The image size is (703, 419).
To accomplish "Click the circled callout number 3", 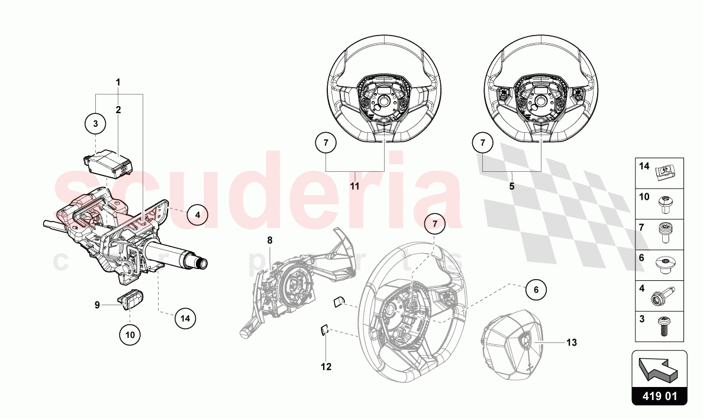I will click(95, 124).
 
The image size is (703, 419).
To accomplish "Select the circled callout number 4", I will click(198, 215).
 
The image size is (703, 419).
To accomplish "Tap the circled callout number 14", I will click(185, 318).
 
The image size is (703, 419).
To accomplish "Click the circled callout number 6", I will click(536, 290).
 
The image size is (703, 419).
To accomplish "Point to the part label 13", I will click(570, 343).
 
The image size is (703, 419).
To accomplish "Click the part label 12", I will click(326, 367).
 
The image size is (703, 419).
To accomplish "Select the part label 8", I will click(269, 240).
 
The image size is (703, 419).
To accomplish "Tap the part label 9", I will click(97, 305).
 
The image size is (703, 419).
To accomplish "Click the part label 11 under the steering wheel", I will click(354, 186).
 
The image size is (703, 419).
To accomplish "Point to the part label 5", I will click(512, 186).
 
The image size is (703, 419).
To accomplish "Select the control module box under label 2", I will click(107, 162).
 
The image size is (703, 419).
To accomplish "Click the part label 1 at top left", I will click(118, 81).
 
